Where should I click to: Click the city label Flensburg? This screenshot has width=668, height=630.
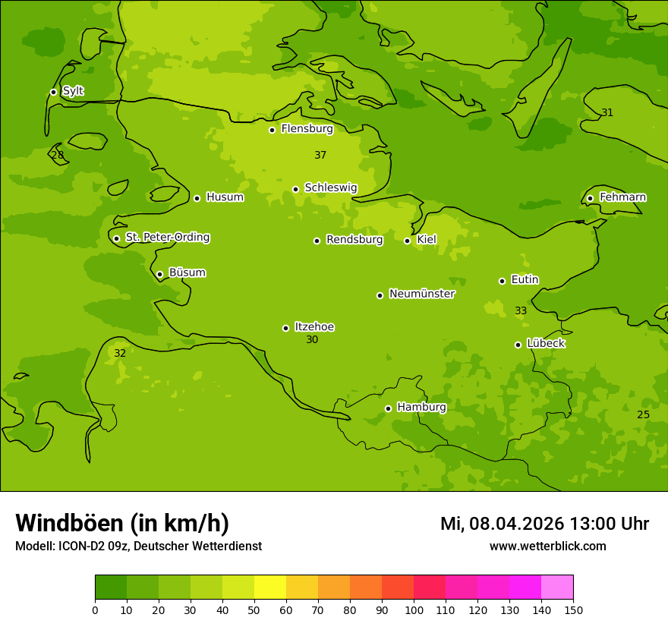307,129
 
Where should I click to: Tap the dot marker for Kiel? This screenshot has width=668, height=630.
407,241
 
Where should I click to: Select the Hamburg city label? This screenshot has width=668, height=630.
421,408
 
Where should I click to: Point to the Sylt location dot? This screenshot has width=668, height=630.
53,92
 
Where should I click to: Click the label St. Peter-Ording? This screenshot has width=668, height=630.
167,238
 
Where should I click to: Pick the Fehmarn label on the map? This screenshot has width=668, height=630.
622,197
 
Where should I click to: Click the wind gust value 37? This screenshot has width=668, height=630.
320,156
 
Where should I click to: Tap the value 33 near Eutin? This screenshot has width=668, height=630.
521,311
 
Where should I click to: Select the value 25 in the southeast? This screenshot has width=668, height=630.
643,415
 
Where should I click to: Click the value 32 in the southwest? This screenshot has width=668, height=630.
120,354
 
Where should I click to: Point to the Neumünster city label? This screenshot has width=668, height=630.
421,294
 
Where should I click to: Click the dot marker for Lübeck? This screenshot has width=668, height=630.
518,345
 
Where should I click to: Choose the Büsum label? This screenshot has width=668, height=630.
187,273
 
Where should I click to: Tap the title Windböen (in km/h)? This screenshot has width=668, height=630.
122,523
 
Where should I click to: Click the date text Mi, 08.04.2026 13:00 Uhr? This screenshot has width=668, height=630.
544,524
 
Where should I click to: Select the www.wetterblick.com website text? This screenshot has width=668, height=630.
547,547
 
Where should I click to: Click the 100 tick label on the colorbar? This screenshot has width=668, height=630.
414,610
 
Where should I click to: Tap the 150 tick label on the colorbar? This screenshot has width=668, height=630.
573,610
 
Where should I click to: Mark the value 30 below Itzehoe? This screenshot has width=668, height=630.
312,340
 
